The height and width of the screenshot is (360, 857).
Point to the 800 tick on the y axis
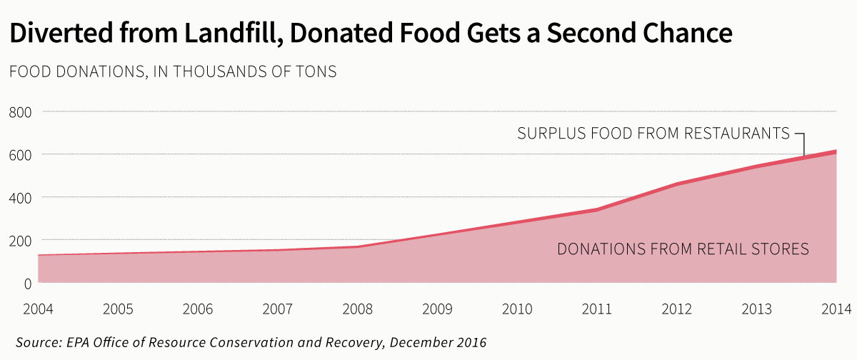click(21, 111)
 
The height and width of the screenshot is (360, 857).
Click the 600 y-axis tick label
click(21, 154)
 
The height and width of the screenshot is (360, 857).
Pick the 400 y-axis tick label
click(21, 197)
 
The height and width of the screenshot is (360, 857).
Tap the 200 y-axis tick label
click(21, 240)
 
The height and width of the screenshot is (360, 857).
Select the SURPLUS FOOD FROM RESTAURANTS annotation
click(653, 134)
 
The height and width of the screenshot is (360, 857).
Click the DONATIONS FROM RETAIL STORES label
click(682, 249)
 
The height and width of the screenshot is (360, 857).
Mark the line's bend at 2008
click(357, 246)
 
